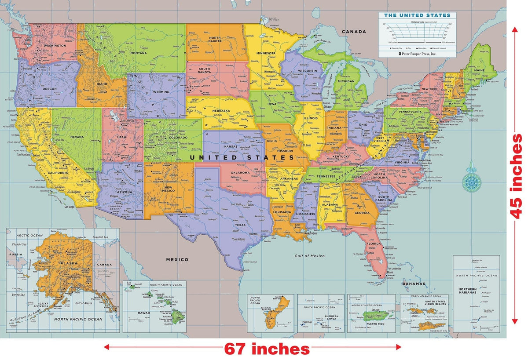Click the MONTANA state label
tap(138, 53)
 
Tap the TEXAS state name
tap(240, 225)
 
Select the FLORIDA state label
tap(374, 244)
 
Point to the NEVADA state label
tap(77, 137)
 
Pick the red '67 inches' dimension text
tap(267, 349)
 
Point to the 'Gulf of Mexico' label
tap(309, 256)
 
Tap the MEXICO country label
tap(177, 259)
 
